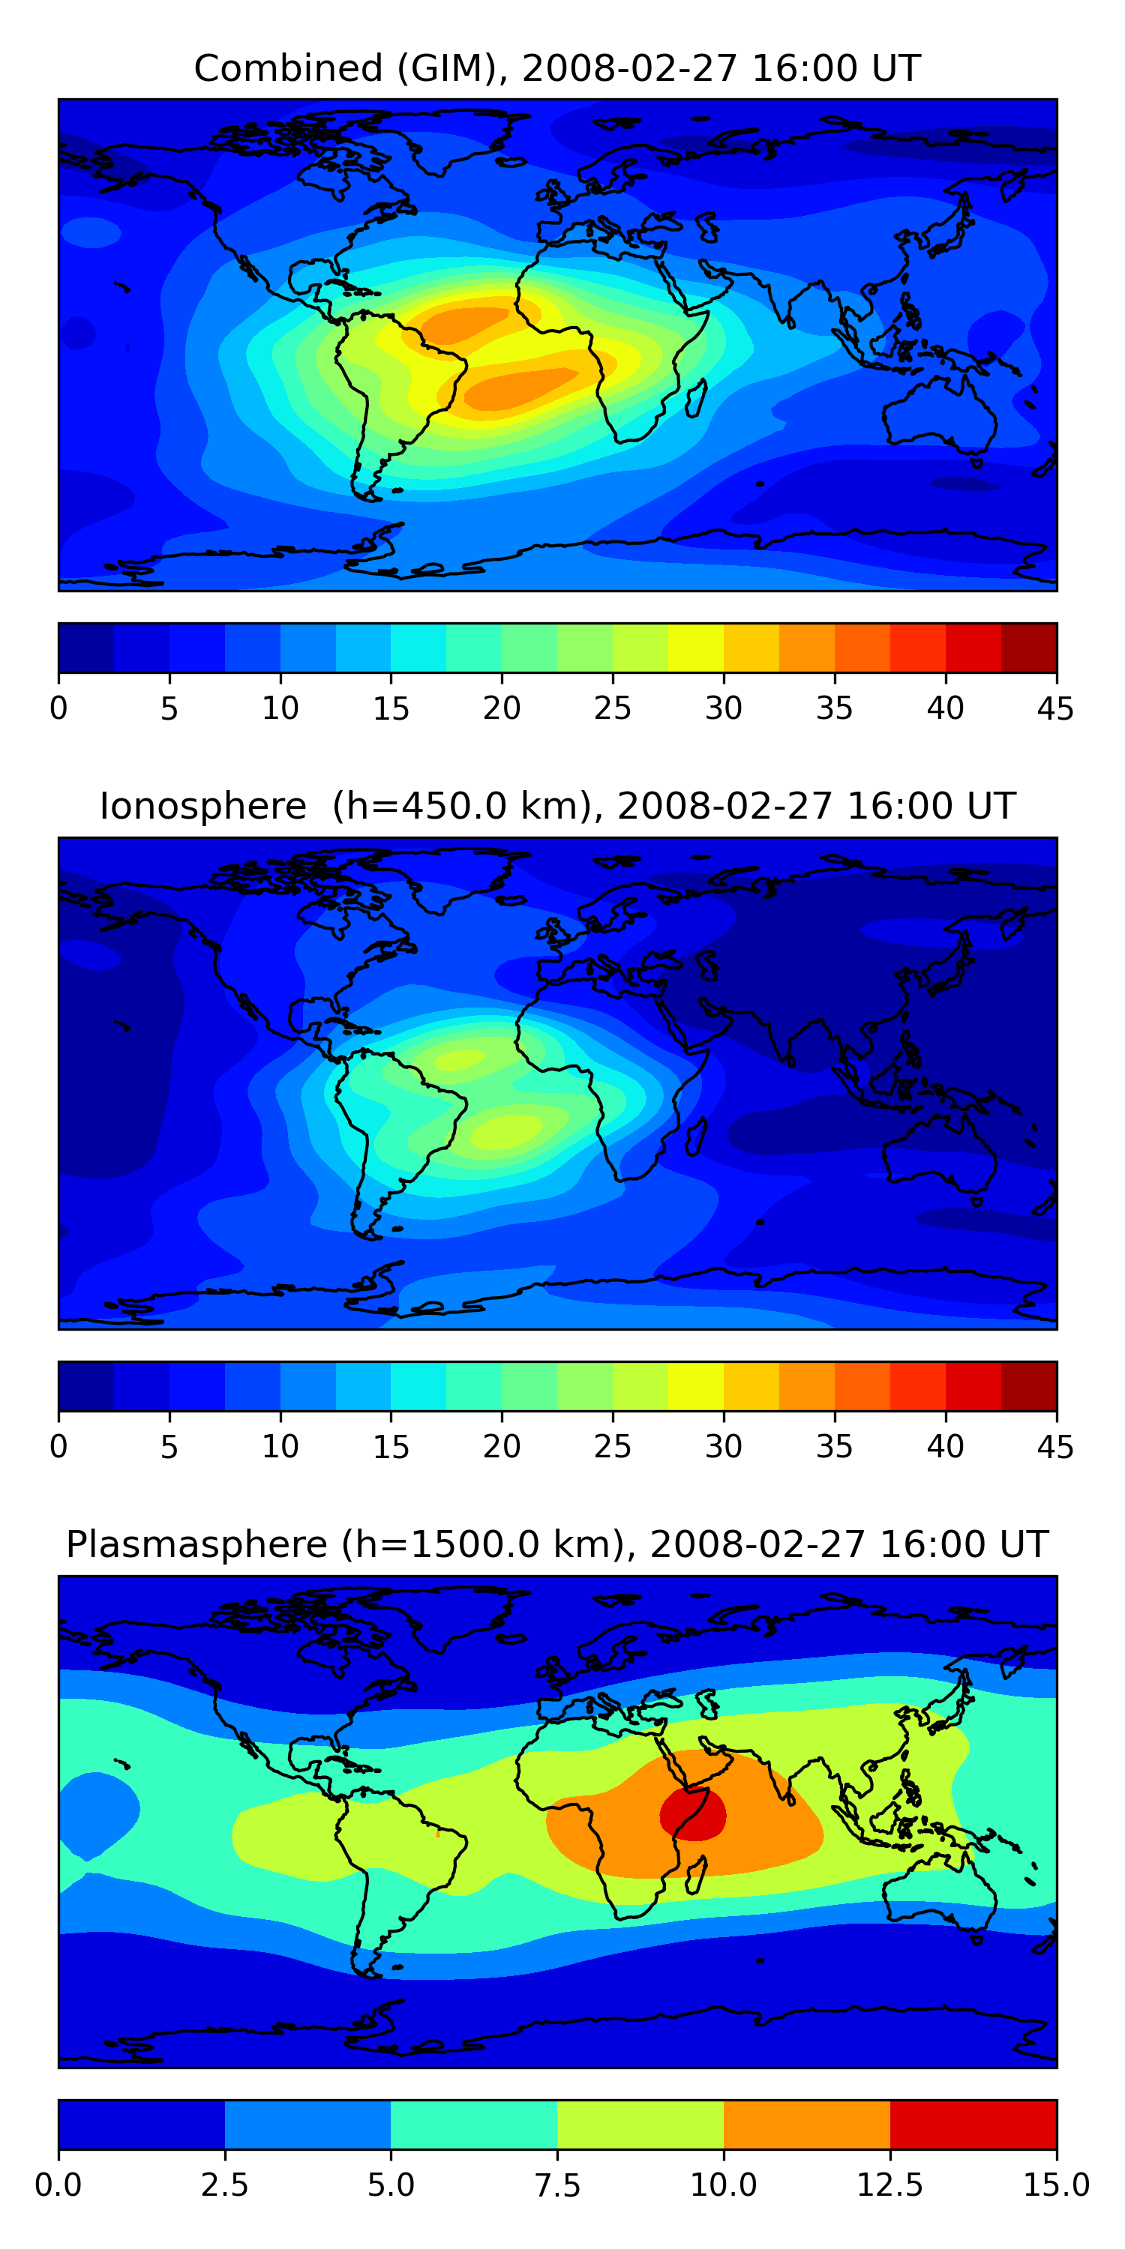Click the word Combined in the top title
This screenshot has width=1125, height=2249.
click(x=288, y=68)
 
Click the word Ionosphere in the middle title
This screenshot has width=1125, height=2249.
click(x=202, y=806)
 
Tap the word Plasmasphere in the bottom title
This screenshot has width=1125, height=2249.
click(x=196, y=1544)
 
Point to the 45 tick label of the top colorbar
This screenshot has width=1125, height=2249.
click(x=1055, y=708)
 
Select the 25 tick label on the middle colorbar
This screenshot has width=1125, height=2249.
click(x=612, y=1447)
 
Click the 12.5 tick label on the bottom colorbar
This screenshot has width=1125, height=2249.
click(x=889, y=2185)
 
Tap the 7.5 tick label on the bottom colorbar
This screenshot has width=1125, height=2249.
click(x=557, y=2185)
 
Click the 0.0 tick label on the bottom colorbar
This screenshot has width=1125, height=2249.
click(x=58, y=2185)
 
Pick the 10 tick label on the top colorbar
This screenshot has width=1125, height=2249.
click(x=280, y=708)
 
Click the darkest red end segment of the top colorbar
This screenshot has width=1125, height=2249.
click(x=1028, y=648)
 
